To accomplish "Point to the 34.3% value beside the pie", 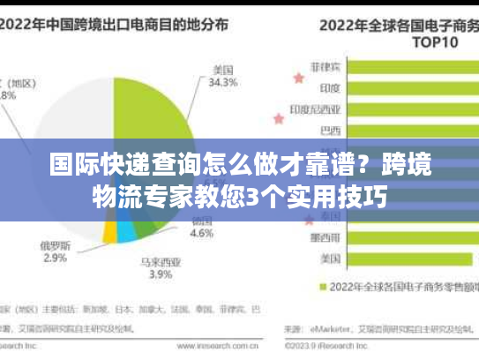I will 224,84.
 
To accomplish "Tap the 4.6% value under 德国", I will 202,234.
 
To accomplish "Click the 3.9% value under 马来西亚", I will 160,275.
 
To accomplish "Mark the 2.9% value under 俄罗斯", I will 55,259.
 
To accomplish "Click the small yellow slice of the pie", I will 109,232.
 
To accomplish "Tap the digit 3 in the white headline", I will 251,195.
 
